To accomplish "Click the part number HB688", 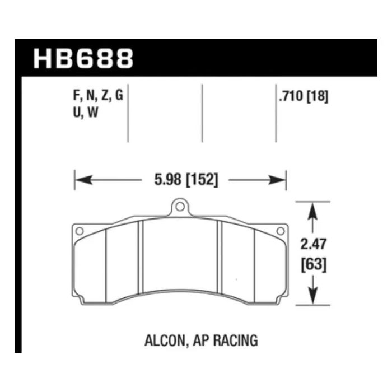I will (x=83, y=58).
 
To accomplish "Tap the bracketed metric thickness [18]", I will (x=316, y=96).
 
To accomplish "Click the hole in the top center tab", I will (x=179, y=207).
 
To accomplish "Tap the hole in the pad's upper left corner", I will (x=79, y=230).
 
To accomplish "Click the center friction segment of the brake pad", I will (x=179, y=255).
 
